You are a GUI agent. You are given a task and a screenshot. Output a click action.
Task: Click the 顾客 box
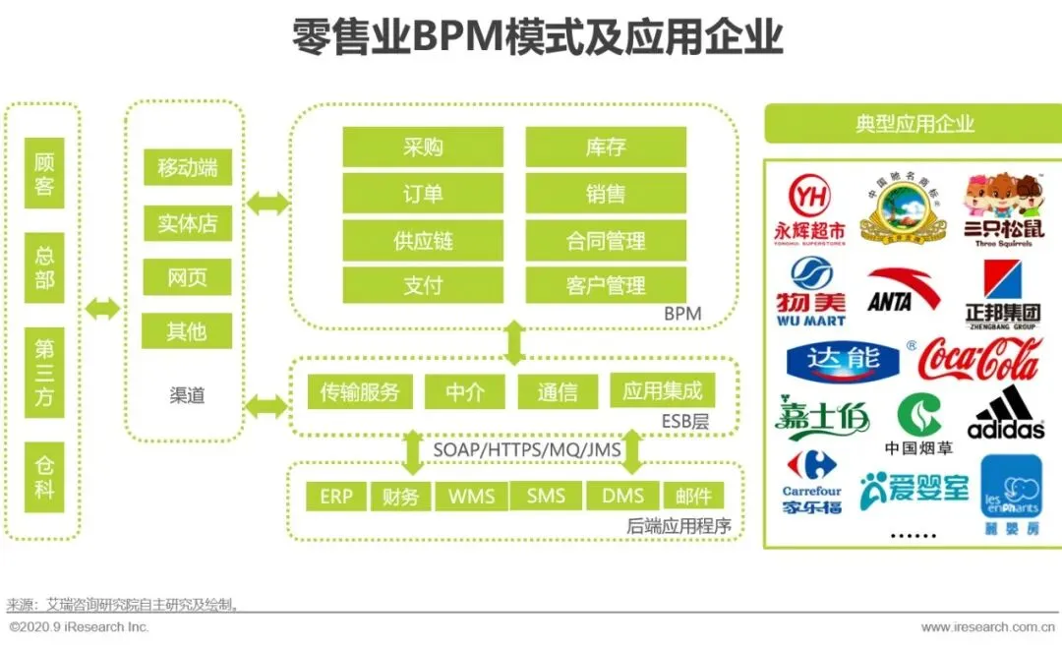click(44, 174)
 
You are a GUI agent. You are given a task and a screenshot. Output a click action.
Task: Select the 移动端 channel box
click(187, 167)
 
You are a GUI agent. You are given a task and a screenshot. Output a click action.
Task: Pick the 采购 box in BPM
click(423, 147)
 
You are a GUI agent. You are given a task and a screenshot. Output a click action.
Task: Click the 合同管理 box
click(606, 241)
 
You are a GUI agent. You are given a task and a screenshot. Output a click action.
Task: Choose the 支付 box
click(423, 286)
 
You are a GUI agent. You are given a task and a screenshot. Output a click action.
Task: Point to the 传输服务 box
click(360, 392)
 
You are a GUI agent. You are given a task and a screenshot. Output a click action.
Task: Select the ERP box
click(335, 496)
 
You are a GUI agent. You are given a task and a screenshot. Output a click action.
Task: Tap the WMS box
click(471, 496)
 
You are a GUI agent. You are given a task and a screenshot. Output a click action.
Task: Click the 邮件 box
click(693, 496)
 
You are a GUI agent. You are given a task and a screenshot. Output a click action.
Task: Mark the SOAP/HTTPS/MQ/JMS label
click(527, 449)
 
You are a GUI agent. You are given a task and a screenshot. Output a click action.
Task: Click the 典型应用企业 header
click(914, 124)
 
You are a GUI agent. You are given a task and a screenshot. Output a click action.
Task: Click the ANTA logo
click(903, 291)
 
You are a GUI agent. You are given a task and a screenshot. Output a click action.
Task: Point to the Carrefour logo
click(812, 482)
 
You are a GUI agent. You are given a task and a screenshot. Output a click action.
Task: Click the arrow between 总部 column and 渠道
click(102, 309)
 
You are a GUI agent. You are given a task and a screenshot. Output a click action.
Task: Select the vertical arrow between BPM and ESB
click(513, 340)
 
